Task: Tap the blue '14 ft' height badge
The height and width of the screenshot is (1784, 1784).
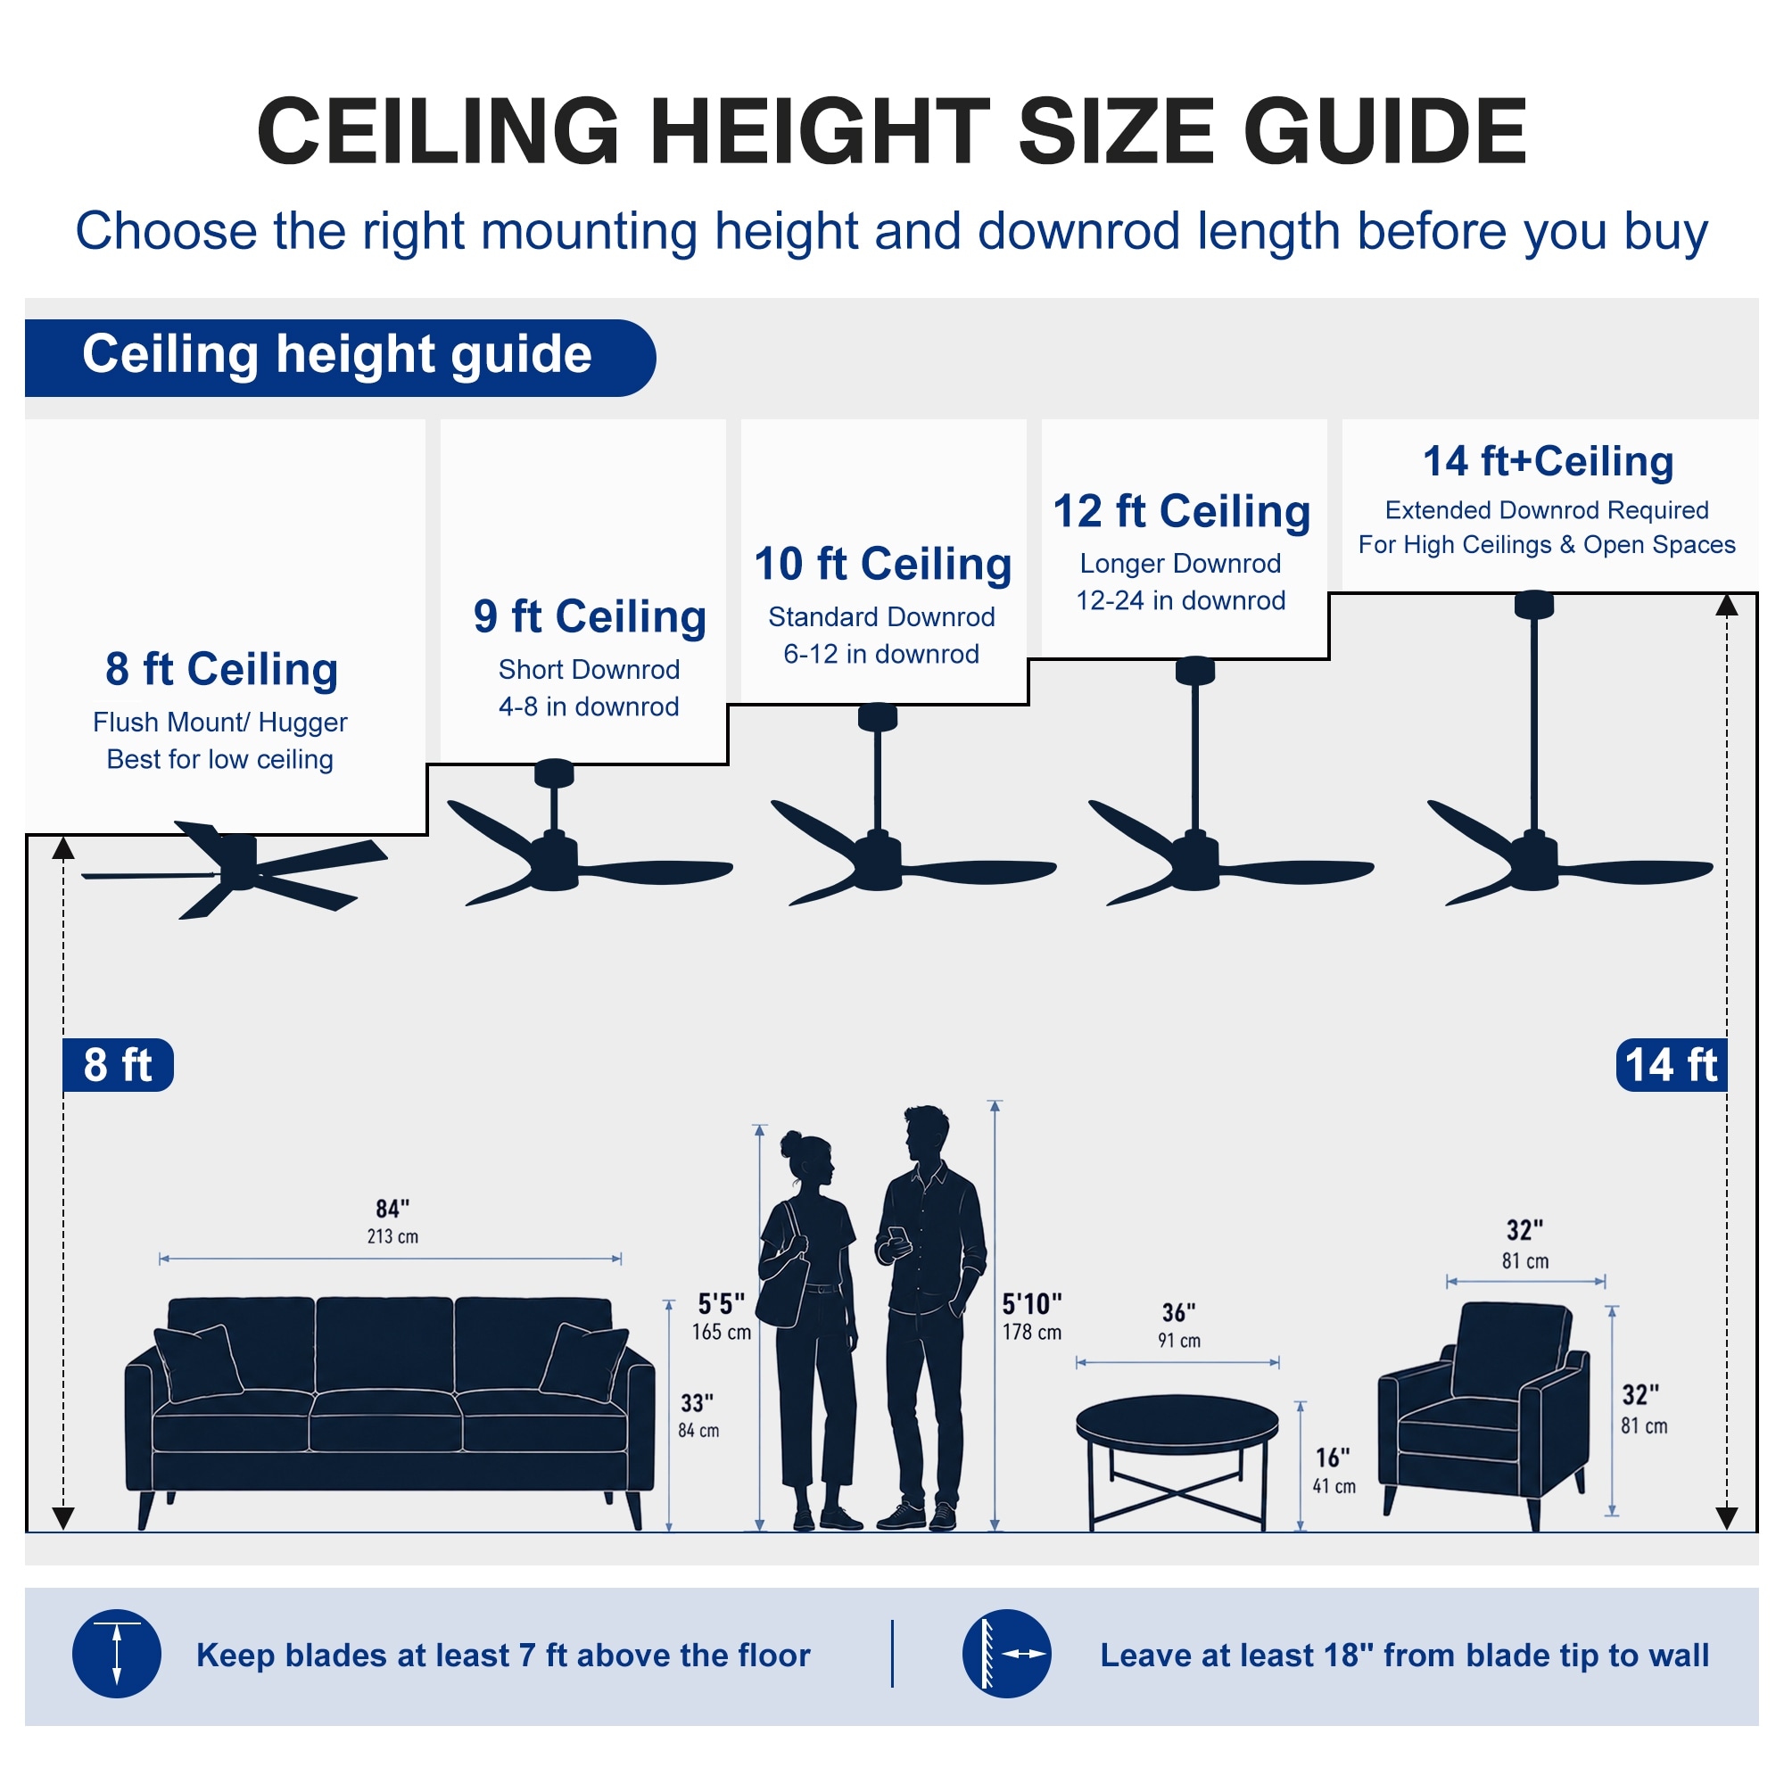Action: (1672, 1065)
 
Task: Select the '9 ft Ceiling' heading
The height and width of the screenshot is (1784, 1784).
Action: (590, 617)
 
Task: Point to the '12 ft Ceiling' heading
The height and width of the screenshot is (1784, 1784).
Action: (1182, 511)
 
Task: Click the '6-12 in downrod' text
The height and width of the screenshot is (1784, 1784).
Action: (882, 654)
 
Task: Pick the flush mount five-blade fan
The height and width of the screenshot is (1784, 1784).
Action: (235, 868)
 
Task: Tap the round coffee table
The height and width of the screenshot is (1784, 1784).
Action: (1177, 1460)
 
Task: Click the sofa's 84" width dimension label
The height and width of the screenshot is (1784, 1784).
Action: (392, 1221)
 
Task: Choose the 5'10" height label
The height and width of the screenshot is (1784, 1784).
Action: (1032, 1316)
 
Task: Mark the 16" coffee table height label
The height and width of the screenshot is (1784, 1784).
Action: (1334, 1471)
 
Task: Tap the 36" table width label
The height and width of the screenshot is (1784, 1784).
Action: (1179, 1326)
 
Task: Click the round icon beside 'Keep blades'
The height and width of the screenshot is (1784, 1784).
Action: (117, 1654)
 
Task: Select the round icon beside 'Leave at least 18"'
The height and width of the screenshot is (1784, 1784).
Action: (1006, 1654)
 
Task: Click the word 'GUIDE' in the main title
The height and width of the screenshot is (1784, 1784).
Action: (1385, 131)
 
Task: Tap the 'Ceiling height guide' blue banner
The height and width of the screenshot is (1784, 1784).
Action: (340, 359)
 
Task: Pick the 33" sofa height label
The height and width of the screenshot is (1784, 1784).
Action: (698, 1416)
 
